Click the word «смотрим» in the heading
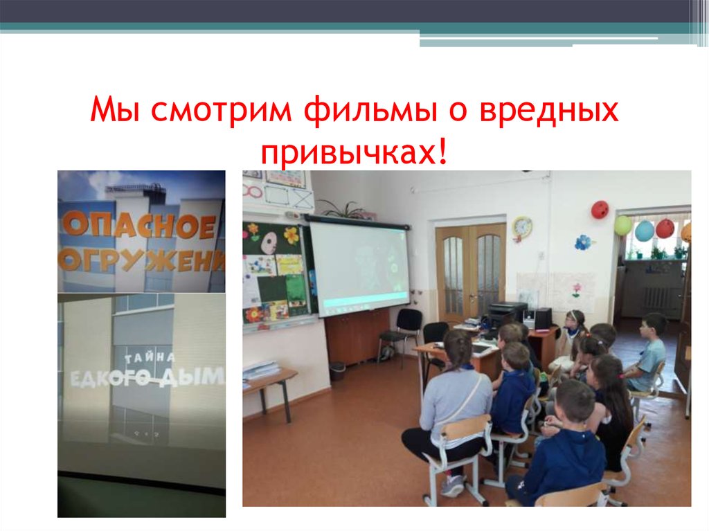(224, 112)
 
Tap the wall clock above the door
(522, 227)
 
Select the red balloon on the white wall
(600, 209)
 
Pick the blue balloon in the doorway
(645, 231)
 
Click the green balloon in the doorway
(623, 225)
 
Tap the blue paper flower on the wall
(584, 243)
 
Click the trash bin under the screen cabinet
(338, 371)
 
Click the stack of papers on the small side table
(262, 370)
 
